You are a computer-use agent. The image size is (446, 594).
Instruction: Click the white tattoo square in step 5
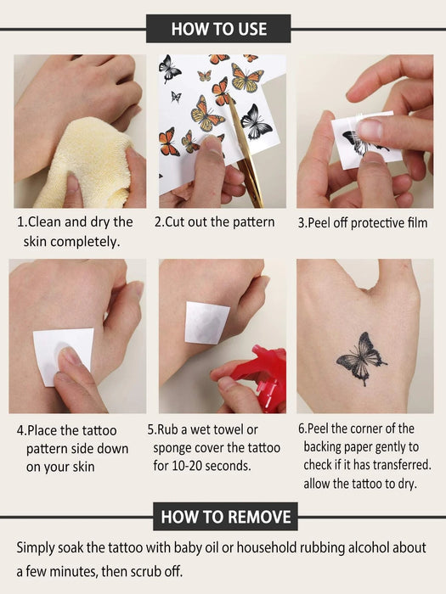pyautogui.click(x=207, y=323)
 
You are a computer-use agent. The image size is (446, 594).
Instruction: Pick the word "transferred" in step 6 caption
pyautogui.click(x=397, y=465)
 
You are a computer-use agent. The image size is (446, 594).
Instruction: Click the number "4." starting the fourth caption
pyautogui.click(x=21, y=431)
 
